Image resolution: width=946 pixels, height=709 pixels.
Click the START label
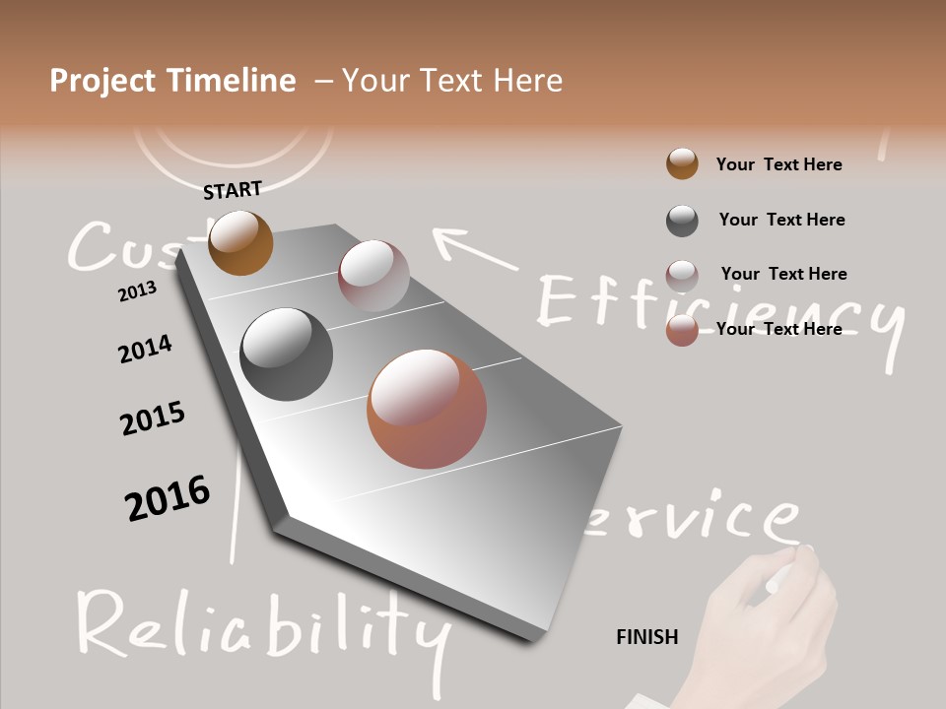pos(233,190)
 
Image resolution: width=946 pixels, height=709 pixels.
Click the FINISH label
pos(646,637)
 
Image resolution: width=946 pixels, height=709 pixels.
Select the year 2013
pos(137,291)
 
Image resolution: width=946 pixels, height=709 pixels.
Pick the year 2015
pos(153,419)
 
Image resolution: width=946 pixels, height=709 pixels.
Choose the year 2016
pos(168,498)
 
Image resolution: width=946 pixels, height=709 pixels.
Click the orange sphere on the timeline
pos(240,242)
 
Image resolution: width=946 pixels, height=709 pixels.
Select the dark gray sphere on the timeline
pos(286,354)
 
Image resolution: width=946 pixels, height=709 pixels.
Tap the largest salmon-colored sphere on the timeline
pos(427,409)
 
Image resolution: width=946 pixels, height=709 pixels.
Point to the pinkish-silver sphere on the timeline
pos(373,276)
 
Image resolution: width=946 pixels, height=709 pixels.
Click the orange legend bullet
pos(682,164)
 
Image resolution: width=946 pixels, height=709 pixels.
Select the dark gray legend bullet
pos(682,221)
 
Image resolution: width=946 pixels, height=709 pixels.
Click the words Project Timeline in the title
pos(172,81)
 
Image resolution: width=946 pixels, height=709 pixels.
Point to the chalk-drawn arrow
pos(473,248)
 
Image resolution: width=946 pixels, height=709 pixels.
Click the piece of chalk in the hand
pos(788,571)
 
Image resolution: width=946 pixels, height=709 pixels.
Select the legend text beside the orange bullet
pos(778,164)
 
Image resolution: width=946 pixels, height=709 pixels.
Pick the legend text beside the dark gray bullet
pos(781,220)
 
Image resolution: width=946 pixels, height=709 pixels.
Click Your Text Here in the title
pos(451,81)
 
